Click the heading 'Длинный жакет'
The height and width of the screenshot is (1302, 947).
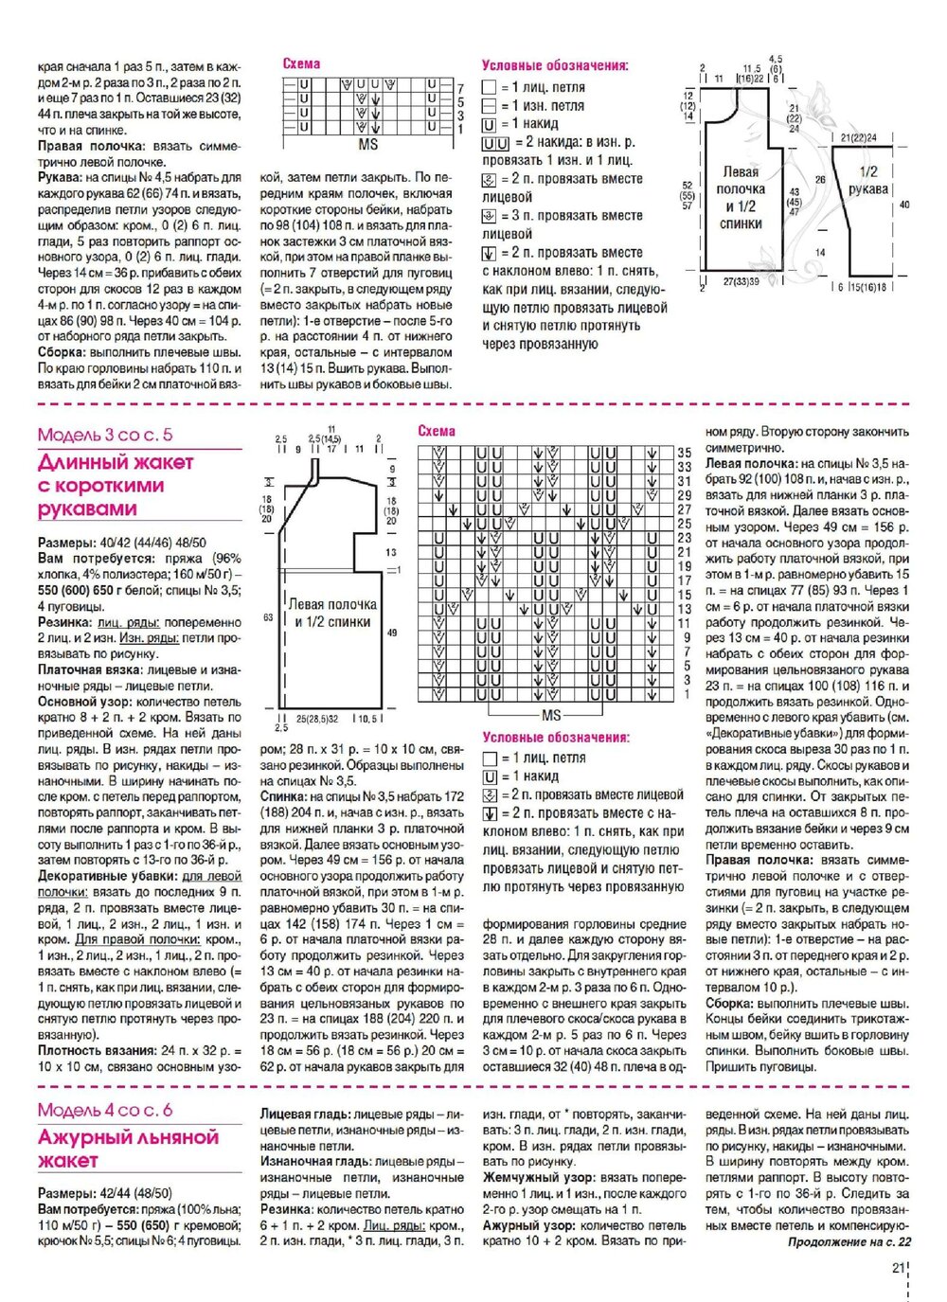click(x=116, y=463)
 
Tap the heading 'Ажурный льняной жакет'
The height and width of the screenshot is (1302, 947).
click(x=128, y=1148)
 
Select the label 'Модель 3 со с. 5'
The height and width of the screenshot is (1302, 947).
click(x=105, y=436)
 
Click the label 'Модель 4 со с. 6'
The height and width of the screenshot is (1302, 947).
click(x=105, y=1111)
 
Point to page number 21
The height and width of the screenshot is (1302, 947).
click(x=899, y=1270)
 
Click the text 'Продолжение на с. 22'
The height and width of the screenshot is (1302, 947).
click(x=849, y=1241)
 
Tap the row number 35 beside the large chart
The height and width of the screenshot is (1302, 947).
click(x=685, y=454)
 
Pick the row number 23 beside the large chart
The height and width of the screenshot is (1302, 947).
click(x=685, y=538)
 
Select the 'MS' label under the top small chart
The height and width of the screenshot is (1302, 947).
click(x=368, y=146)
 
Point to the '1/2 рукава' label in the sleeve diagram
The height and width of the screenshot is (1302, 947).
click(x=867, y=180)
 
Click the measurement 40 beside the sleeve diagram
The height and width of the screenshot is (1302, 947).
click(x=904, y=205)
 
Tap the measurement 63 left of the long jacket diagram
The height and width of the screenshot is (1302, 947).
click(x=268, y=617)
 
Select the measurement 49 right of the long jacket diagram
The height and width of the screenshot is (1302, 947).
click(x=392, y=633)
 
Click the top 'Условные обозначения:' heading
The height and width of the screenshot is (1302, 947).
click(x=555, y=66)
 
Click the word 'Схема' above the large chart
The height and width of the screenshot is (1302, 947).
click(x=437, y=431)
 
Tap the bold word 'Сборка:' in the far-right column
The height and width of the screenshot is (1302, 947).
click(x=731, y=1004)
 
